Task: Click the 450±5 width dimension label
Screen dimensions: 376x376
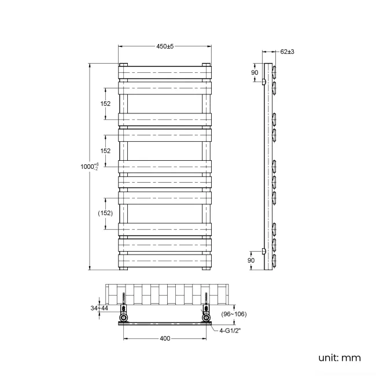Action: [165, 46]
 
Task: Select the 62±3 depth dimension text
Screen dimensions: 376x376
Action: [287, 52]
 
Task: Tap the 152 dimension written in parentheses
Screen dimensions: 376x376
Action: [105, 213]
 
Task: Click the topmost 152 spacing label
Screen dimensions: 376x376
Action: [105, 104]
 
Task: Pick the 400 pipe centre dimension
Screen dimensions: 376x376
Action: [165, 339]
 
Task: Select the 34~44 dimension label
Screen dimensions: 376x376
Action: [99, 308]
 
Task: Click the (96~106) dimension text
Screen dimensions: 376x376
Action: [234, 314]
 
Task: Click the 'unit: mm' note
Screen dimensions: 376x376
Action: [339, 358]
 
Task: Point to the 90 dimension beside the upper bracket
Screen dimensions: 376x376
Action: [255, 73]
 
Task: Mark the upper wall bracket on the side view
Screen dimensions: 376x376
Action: [264, 82]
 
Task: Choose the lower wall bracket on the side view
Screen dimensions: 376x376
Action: [264, 251]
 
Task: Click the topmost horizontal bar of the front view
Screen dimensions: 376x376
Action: [165, 72]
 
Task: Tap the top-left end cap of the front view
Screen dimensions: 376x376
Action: [123, 64]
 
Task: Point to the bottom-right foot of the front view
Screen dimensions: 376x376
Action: [207, 268]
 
